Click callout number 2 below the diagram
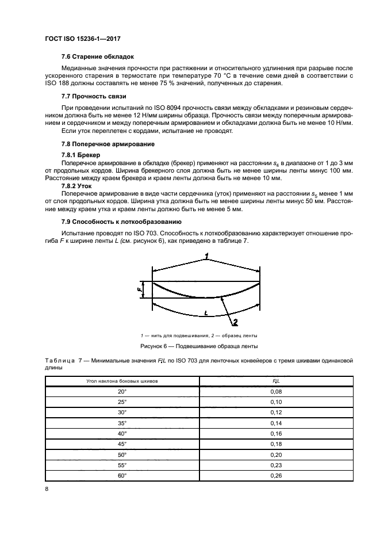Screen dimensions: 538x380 click(236, 322)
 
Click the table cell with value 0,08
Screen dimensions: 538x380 click(276, 391)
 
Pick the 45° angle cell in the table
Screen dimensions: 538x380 click(121, 444)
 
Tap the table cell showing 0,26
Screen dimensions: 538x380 click(276, 475)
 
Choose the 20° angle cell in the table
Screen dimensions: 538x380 click(121, 391)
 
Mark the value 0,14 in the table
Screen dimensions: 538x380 click(276, 423)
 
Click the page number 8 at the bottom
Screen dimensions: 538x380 click(47, 489)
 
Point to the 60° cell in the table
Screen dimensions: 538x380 click(121, 475)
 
